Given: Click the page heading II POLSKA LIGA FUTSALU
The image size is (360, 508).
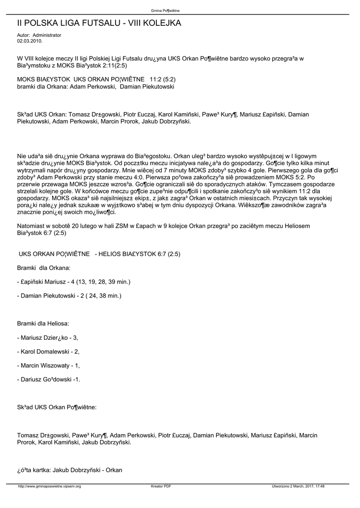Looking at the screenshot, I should (x=99, y=23).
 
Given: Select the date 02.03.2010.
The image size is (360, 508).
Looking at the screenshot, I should (x=29, y=41).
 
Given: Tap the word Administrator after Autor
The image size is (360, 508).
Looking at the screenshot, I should (x=47, y=35).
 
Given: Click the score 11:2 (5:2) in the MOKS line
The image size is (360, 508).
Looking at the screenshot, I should (x=162, y=79).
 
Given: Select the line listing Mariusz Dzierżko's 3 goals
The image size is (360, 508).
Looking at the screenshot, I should (x=48, y=338).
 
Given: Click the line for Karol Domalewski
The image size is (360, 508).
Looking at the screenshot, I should (x=48, y=352).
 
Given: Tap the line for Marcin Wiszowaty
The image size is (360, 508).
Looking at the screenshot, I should (x=48, y=366).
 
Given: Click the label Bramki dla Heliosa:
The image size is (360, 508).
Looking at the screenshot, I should (x=43, y=323).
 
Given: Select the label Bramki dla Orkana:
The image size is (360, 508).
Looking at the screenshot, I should (x=44, y=268).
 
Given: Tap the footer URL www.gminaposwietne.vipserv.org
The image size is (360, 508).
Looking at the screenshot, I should (x=49, y=486).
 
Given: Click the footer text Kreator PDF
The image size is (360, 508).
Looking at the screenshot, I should (x=161, y=486).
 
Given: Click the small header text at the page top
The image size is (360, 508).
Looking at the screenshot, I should (x=165, y=10).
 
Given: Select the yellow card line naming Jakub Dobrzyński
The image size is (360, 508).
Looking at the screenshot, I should (x=70, y=470).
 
